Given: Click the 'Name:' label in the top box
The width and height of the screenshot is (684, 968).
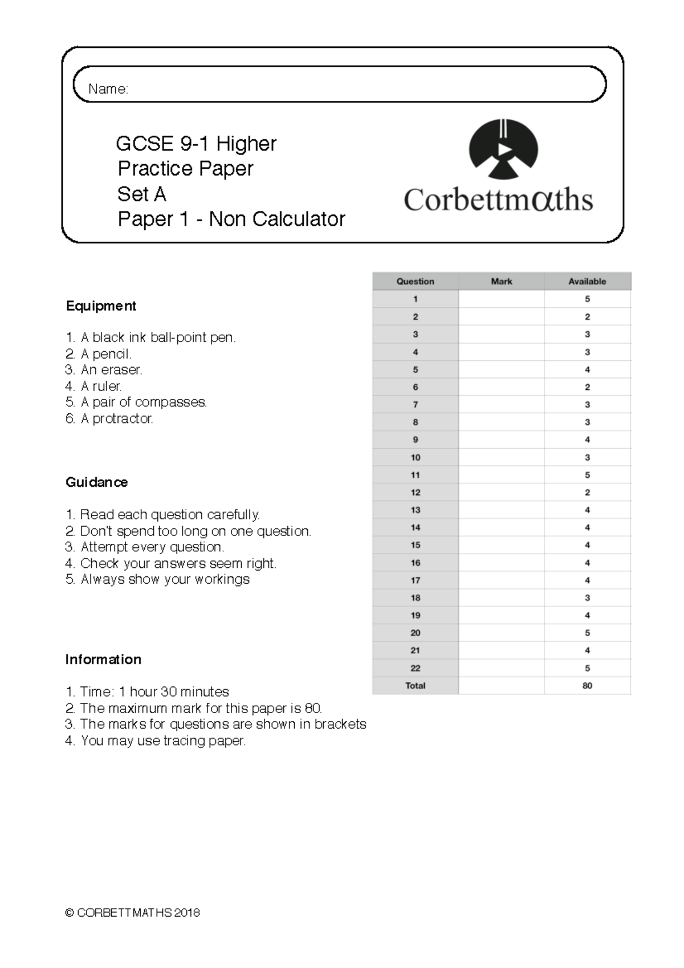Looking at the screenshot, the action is click(108, 89).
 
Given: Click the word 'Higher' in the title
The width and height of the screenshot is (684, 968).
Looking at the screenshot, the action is click(246, 144).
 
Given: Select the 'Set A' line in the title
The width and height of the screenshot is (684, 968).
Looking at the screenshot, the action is click(141, 194).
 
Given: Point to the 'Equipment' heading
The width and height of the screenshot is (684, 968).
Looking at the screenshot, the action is click(101, 306).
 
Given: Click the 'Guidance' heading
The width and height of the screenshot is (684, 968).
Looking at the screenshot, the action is click(96, 482).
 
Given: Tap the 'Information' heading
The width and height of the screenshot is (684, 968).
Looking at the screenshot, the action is click(103, 660).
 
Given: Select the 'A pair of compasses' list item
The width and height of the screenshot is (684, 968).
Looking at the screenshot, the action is click(143, 402).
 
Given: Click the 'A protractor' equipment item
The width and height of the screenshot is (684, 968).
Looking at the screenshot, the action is click(116, 418).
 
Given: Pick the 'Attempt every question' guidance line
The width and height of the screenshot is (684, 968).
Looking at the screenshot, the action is click(152, 547).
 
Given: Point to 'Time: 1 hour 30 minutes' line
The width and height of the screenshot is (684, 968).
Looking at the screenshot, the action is click(154, 692).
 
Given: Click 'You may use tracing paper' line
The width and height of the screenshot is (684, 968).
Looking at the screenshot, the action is click(162, 741).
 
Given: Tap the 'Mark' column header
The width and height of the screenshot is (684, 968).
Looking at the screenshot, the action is click(501, 281).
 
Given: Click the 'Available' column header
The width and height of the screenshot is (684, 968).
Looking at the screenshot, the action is click(587, 281).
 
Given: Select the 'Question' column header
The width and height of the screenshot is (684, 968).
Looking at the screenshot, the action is click(415, 281).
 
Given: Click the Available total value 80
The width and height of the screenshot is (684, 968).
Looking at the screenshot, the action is click(587, 686).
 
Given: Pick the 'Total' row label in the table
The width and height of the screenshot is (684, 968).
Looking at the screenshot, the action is click(415, 686).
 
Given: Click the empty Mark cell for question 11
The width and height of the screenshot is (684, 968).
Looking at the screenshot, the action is click(501, 475).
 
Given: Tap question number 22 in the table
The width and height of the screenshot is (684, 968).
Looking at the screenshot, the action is click(415, 668).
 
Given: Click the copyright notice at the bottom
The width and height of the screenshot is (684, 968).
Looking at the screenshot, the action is click(132, 913).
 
